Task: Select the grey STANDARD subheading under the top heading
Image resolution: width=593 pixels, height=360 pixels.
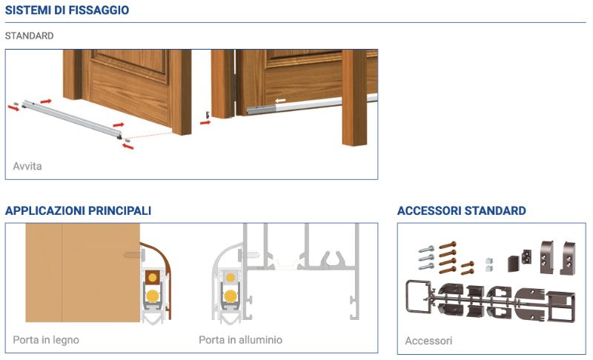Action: [29, 36]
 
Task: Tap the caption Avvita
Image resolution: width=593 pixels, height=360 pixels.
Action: [27, 166]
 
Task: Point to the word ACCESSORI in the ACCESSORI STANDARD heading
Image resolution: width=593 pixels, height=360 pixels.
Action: [429, 211]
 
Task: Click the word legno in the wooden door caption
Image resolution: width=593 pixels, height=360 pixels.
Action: [66, 340]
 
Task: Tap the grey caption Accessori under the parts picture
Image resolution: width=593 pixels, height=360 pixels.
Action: [428, 341]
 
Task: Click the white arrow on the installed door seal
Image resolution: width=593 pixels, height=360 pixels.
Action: [280, 101]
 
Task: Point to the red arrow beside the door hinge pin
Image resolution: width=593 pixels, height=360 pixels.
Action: [205, 122]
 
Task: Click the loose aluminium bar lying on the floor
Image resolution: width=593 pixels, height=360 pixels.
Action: [72, 119]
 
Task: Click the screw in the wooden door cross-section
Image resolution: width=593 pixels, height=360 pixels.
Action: [134, 256]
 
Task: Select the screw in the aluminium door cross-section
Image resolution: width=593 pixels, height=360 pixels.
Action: [250, 256]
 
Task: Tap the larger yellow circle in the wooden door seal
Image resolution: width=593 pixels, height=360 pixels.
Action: [153, 296]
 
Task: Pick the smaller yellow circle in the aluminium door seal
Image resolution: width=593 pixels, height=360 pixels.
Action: [231, 279]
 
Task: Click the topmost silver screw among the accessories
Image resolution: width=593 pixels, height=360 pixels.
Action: [426, 250]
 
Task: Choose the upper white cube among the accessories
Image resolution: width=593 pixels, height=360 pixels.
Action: [489, 261]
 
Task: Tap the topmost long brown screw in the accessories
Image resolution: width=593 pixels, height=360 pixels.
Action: [448, 245]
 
